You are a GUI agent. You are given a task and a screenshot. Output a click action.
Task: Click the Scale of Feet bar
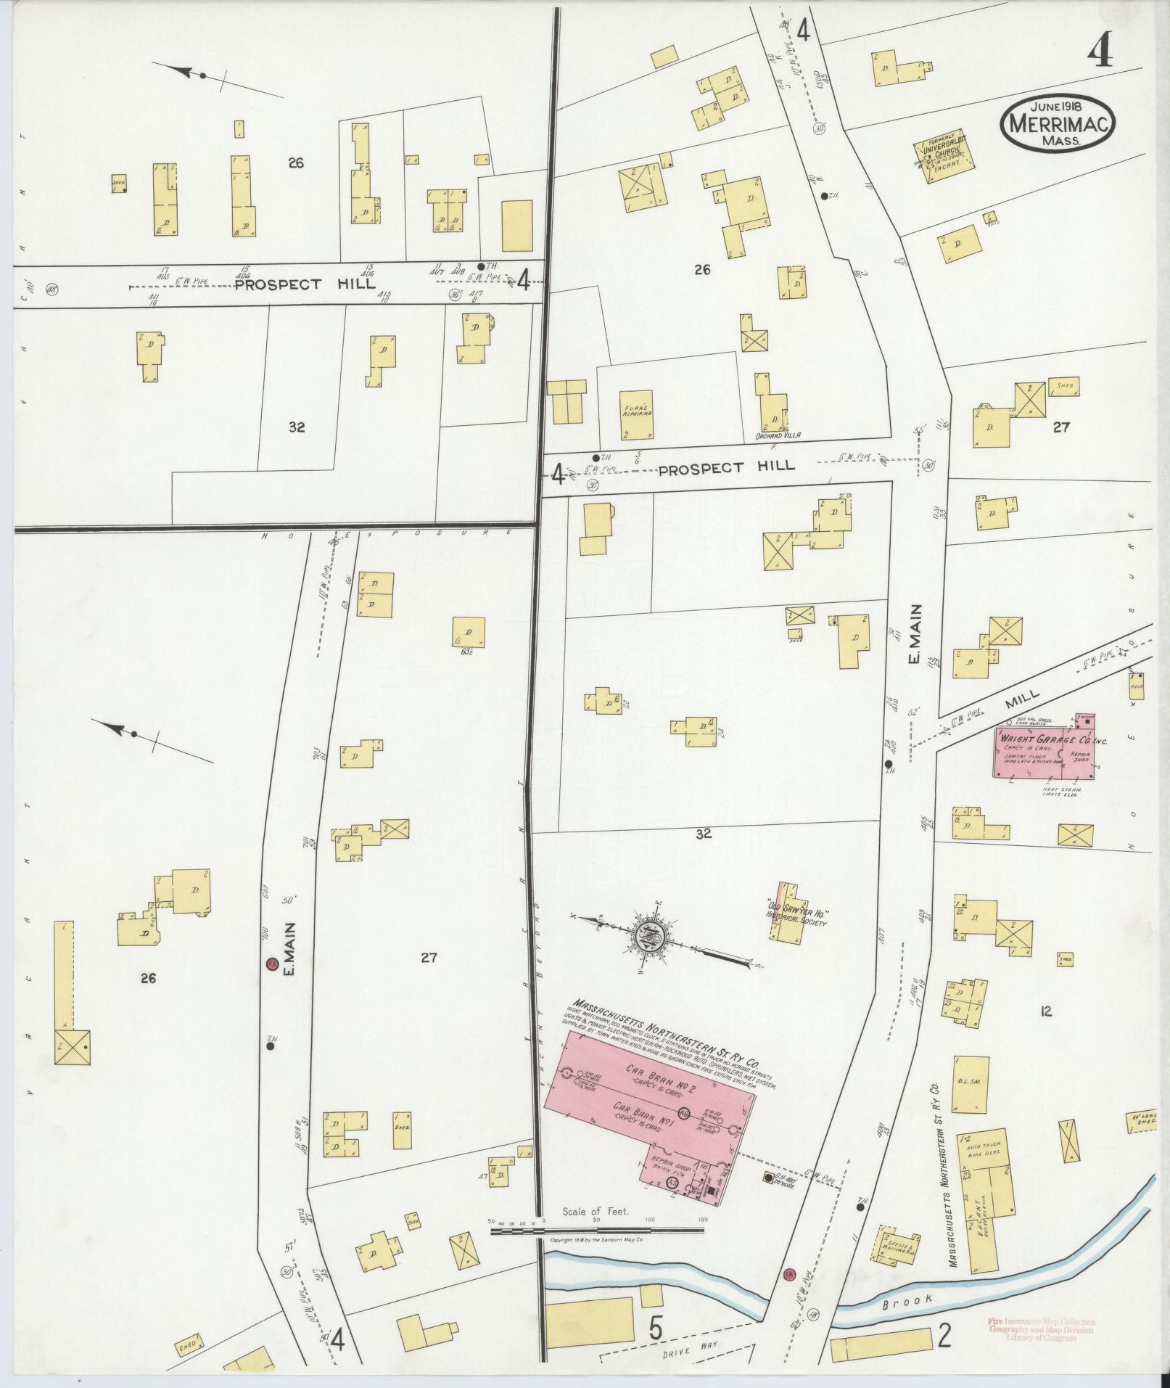(598, 1231)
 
